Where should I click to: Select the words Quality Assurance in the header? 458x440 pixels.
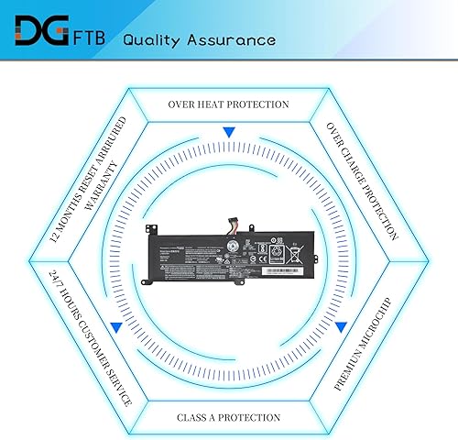198,40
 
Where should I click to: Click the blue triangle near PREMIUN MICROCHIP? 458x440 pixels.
340,326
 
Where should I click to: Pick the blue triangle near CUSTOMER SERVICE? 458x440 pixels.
116,325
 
